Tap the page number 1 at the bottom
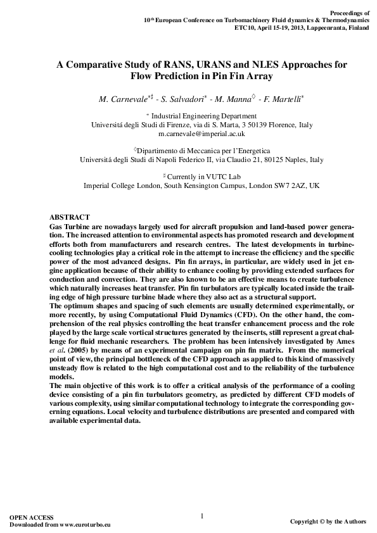[x=201, y=516]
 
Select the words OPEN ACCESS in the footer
[x=32, y=518]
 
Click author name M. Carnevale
[x=125, y=99]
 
